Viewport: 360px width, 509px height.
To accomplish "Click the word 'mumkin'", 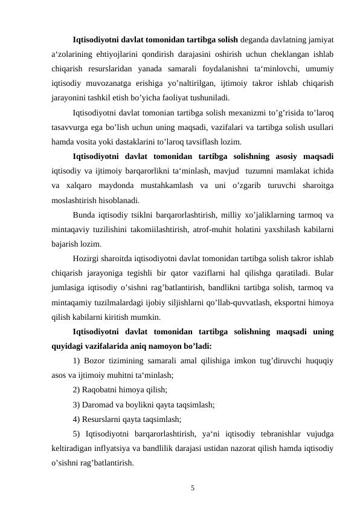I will click(145, 316).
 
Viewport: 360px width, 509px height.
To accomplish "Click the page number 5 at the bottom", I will click(192, 487).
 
